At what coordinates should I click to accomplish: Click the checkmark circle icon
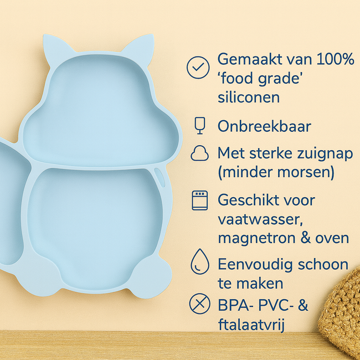click(197, 67)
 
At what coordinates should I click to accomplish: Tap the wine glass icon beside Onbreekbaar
click(199, 126)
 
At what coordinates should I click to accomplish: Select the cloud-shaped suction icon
click(199, 153)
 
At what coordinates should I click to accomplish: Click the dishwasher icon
click(199, 200)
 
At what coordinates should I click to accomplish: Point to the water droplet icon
click(199, 261)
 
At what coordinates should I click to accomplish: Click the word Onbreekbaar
click(264, 126)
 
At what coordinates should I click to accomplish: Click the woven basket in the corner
click(343, 310)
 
